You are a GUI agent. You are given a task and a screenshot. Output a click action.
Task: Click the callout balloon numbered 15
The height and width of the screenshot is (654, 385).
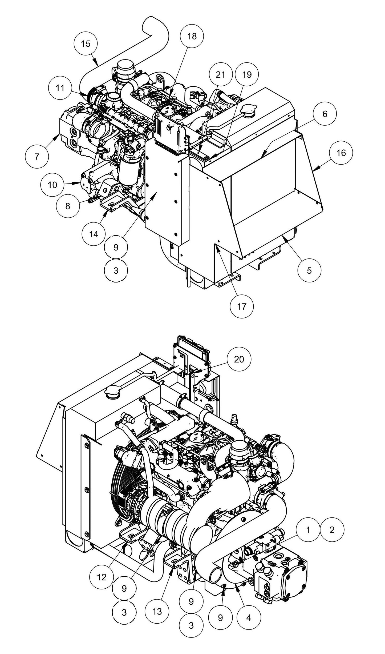pos(86,43)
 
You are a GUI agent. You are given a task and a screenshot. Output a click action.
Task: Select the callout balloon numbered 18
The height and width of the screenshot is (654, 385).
pos(192,36)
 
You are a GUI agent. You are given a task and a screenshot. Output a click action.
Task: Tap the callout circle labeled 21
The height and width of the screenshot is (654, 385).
pos(220,75)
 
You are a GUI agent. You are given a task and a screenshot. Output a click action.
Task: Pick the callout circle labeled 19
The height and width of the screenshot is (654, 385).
pos(247,75)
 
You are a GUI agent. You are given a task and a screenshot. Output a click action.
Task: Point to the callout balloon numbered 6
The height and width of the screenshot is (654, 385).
pos(325,114)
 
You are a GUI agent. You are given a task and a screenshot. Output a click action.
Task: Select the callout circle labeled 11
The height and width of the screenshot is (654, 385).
pos(60,88)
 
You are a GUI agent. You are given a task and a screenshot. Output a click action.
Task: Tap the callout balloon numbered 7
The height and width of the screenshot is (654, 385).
pos(37,157)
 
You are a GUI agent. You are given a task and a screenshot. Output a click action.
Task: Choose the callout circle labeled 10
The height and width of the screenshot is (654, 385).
pos(52,185)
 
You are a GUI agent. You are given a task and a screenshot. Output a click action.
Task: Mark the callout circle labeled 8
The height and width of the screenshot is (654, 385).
pos(68,206)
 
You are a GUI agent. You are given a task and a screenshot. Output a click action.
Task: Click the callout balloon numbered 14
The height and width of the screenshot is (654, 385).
pos(94,234)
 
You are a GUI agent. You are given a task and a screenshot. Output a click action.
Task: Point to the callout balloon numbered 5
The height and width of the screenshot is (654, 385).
pos(309,270)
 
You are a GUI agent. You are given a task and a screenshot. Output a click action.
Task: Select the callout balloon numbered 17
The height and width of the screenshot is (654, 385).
pos(242,306)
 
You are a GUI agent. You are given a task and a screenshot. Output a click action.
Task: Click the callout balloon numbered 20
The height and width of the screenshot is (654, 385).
pos(239,359)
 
